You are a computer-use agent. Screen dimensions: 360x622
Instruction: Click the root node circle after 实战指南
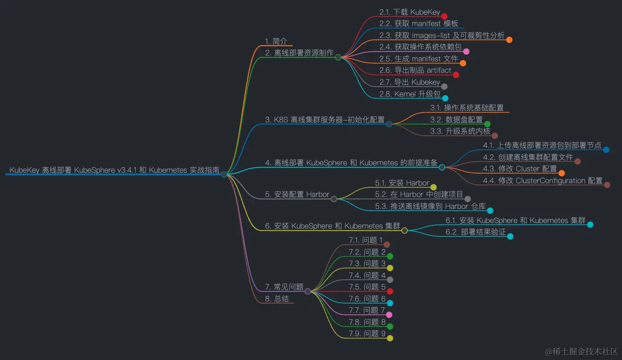[224, 174]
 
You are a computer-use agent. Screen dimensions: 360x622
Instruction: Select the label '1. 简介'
[276, 41]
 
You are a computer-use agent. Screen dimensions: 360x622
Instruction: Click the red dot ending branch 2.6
[456, 75]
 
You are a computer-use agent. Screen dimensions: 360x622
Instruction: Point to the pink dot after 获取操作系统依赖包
[466, 51]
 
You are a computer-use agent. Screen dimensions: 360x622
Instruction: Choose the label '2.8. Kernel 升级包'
[410, 94]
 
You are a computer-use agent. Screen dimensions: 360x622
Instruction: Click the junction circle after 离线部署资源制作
[338, 57]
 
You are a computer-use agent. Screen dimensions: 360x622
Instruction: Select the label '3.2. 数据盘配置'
[456, 120]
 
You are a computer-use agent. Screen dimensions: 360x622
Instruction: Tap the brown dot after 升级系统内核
[495, 136]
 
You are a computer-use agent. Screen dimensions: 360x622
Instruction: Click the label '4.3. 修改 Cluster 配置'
[520, 169]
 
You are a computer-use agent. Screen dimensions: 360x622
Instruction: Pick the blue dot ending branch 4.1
[606, 150]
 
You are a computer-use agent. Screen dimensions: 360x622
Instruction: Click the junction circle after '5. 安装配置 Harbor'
[334, 199]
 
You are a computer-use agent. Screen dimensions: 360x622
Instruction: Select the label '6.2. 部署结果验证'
[476, 232]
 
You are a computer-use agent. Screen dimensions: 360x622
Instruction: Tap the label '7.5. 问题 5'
[367, 287]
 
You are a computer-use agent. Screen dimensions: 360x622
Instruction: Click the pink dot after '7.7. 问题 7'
[389, 315]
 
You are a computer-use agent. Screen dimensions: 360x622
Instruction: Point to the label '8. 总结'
[277, 299]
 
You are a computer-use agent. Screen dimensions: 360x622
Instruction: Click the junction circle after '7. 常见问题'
[308, 291]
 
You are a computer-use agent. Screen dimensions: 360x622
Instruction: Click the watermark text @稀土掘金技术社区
[581, 351]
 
